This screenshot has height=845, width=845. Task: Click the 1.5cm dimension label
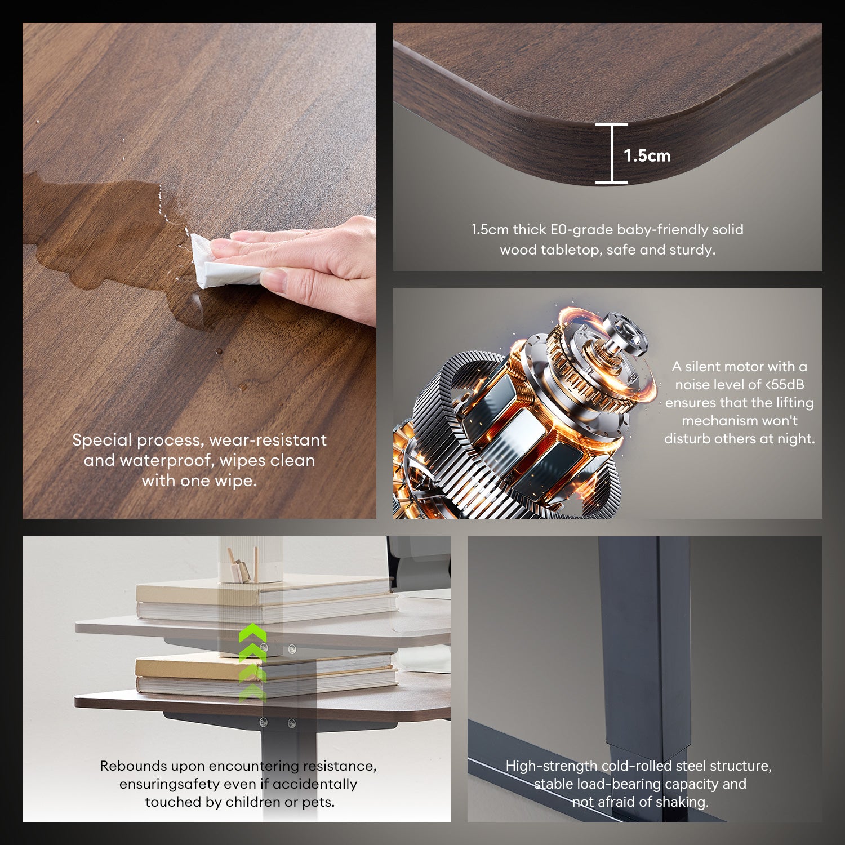coord(647,155)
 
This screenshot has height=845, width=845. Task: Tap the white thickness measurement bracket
coord(612,153)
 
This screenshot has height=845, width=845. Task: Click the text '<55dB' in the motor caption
coord(785,385)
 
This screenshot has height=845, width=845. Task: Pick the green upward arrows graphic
coord(252,662)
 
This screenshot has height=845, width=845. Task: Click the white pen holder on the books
coord(251,559)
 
